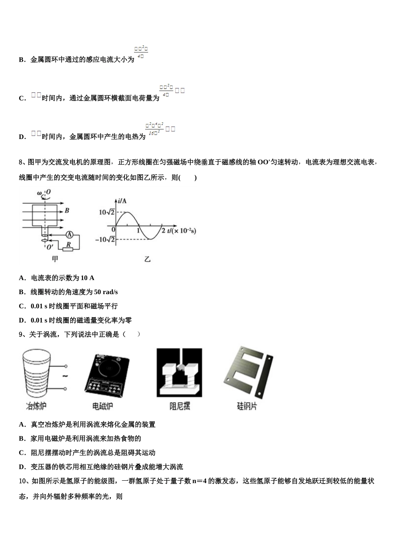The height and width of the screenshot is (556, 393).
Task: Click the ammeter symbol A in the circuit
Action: click(69, 235)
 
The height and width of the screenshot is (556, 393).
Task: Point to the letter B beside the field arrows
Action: click(67, 211)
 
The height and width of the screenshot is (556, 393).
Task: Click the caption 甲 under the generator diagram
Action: click(55, 259)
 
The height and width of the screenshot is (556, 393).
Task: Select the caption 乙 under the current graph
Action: click(147, 259)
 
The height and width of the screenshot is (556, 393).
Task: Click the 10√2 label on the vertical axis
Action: click(106, 212)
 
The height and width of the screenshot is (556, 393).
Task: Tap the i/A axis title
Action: click(122, 201)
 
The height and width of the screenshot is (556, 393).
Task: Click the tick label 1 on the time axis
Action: click(139, 230)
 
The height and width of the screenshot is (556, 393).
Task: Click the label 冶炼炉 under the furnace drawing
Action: click(36, 406)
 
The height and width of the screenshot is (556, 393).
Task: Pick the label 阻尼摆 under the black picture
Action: click(180, 406)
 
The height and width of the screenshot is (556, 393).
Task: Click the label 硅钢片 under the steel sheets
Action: click(247, 406)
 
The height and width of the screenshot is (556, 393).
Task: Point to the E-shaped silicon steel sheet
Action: click(242, 371)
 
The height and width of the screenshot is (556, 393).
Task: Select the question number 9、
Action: click(23, 334)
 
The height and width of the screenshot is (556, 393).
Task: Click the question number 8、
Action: click(23, 162)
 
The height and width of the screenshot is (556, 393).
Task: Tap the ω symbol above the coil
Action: click(39, 193)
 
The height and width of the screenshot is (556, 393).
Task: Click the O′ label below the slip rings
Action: click(50, 247)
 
